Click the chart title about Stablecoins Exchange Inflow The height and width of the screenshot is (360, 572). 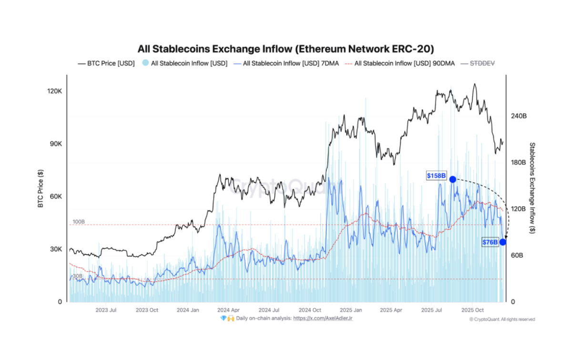[x=286, y=49]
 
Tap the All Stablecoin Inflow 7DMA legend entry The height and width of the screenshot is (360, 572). [x=284, y=63]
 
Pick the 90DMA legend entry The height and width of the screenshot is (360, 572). [x=398, y=63]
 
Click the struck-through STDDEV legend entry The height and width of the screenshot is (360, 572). [x=482, y=63]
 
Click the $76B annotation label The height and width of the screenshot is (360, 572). [x=490, y=242]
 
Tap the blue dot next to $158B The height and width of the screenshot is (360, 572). [x=453, y=179]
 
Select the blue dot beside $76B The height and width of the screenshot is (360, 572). [x=503, y=242]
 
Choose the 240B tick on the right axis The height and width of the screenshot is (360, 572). [x=518, y=116]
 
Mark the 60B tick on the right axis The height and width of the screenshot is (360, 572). [x=517, y=256]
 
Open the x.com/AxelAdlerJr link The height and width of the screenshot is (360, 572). [x=323, y=318]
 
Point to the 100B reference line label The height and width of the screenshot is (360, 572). [x=79, y=222]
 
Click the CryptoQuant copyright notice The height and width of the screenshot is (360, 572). [x=502, y=319]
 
